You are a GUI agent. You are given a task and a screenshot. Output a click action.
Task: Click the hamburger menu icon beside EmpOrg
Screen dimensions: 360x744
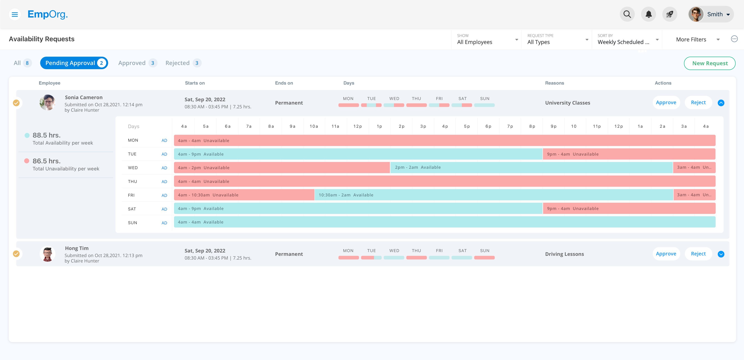tap(15, 14)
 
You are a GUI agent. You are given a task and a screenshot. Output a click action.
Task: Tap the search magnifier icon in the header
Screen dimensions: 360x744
tap(627, 14)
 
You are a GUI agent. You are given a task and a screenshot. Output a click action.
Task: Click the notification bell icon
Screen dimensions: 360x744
tap(648, 14)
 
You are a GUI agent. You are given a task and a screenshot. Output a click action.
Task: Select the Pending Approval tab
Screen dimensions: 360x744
tap(74, 63)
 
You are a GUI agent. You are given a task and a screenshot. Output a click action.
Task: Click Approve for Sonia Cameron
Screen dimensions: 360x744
tap(666, 102)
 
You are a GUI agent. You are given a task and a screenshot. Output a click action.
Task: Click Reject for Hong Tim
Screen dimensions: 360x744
tap(698, 254)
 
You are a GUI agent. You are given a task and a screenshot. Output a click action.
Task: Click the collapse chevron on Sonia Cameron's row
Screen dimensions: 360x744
tap(721, 103)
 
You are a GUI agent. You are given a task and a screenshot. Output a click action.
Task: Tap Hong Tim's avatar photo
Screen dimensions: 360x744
tap(47, 254)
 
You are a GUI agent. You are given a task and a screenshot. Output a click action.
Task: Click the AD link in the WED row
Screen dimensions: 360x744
tap(164, 168)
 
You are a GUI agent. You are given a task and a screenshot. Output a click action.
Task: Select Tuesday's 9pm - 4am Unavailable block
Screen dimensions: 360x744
tap(629, 154)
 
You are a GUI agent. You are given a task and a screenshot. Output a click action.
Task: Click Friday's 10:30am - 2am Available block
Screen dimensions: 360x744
tap(493, 195)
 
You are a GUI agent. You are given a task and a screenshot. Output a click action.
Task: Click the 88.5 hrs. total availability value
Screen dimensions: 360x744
tap(46, 135)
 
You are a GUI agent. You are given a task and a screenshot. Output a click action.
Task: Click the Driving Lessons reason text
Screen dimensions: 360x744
tap(564, 254)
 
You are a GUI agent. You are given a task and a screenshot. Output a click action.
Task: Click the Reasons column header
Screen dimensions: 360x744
tap(554, 83)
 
